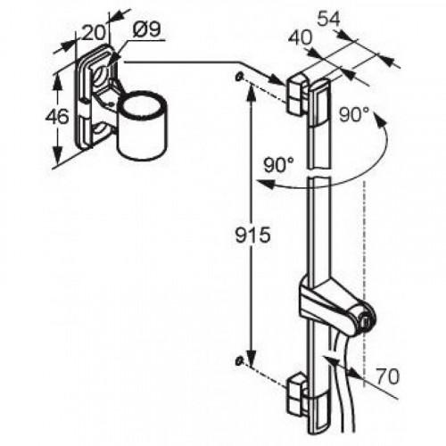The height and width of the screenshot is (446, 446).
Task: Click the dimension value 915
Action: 252,235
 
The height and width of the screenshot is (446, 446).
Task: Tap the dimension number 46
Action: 57,116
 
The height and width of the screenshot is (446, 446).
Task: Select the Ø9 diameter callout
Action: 146,29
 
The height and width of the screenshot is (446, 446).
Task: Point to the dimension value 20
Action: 93,32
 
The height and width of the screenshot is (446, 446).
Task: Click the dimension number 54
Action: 328,20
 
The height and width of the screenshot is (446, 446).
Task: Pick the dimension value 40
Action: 301,38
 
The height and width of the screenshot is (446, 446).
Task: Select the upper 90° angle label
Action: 354,114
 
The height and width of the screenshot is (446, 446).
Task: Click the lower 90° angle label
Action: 279,164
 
